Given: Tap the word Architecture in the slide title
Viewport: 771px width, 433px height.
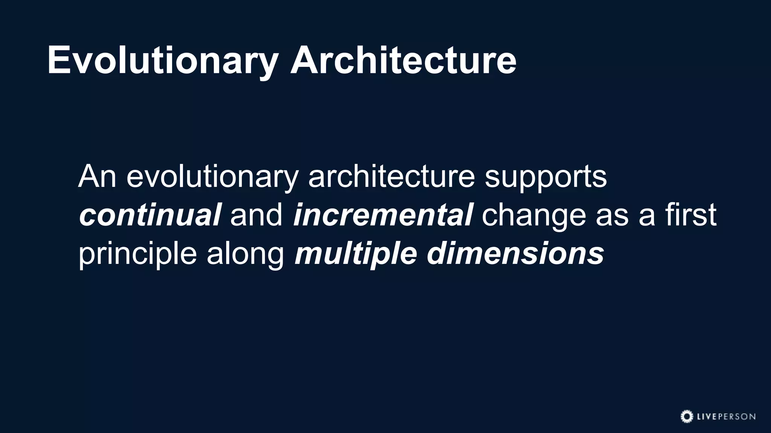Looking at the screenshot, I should pos(403,60).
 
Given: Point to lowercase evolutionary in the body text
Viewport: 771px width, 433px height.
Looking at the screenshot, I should pos(212,177).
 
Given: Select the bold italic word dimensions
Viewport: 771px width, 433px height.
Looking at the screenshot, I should pos(515,253).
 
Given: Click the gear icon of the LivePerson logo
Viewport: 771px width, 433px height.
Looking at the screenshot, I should pos(687,416).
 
